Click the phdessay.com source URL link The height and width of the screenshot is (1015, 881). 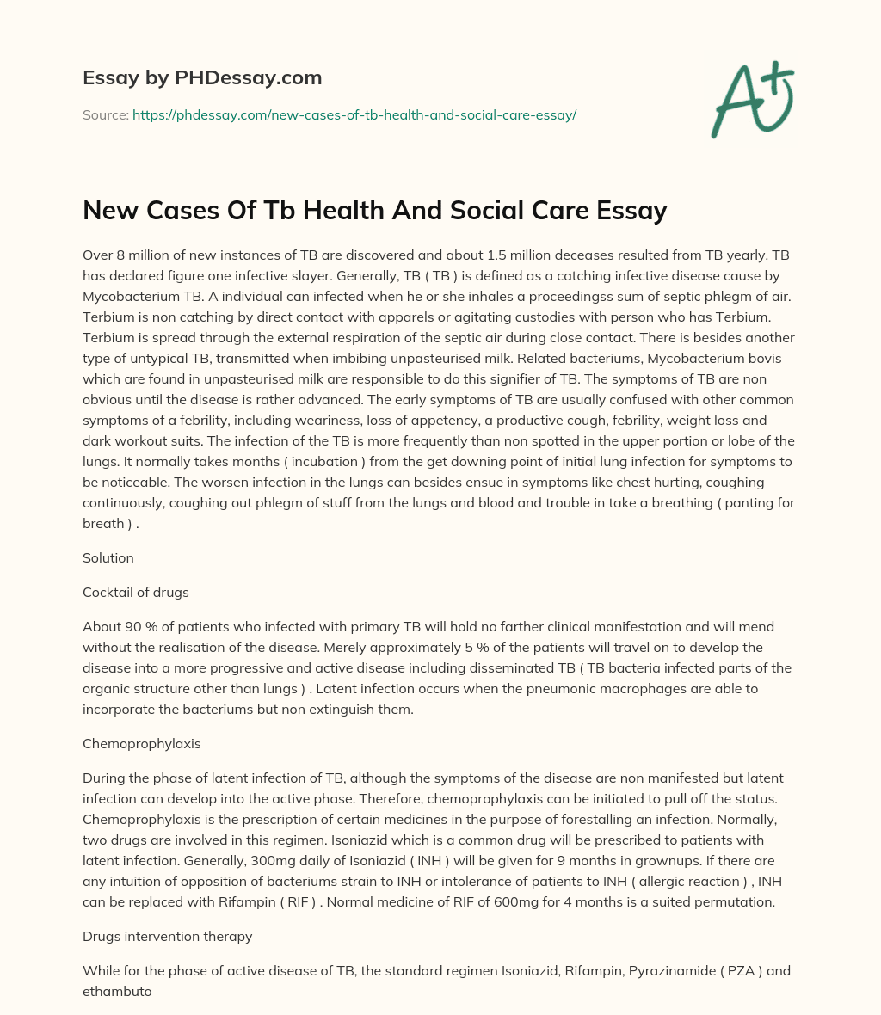pos(354,114)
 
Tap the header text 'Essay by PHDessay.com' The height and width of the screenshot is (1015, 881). pos(202,77)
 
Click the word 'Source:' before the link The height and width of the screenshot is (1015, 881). pos(105,114)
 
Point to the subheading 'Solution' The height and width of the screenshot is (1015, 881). pos(108,557)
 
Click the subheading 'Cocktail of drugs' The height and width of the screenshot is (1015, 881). pos(136,592)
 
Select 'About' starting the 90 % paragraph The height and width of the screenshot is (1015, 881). pos(102,626)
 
